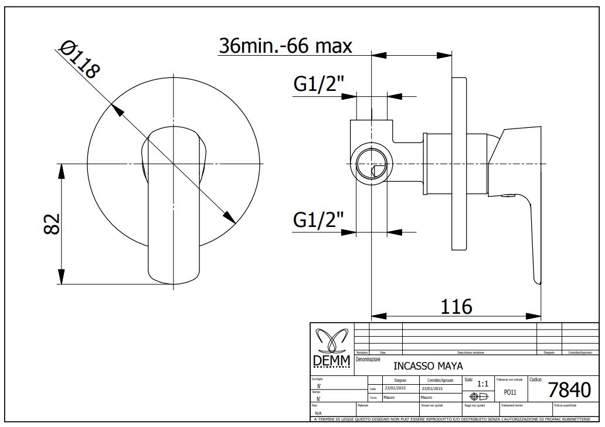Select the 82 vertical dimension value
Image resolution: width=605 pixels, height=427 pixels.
(52, 224)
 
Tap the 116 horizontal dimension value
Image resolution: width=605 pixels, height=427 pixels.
(456, 306)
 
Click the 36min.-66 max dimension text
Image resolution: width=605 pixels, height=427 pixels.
(285, 45)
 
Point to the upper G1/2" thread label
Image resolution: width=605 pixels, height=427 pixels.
(318, 85)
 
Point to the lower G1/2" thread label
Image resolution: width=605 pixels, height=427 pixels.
(318, 221)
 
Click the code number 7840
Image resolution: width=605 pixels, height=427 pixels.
(569, 389)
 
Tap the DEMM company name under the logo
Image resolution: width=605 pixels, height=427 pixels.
(331, 360)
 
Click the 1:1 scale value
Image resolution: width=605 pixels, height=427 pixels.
(483, 384)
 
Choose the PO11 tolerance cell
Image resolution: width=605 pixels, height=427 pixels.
(510, 392)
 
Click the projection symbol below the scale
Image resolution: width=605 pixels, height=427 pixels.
(475, 396)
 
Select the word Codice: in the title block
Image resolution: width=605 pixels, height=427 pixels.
(539, 379)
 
